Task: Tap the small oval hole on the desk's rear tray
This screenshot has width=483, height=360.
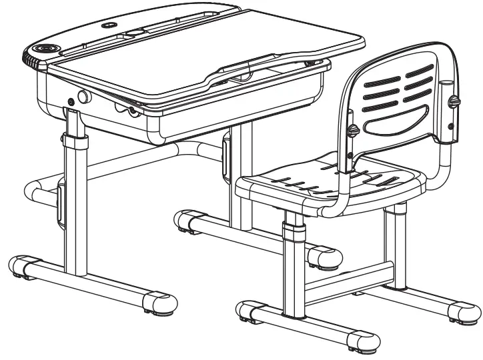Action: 107,25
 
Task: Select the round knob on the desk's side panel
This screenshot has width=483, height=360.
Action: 84,97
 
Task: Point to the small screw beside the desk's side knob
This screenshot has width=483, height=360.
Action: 71,102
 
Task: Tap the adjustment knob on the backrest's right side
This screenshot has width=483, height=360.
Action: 454,101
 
